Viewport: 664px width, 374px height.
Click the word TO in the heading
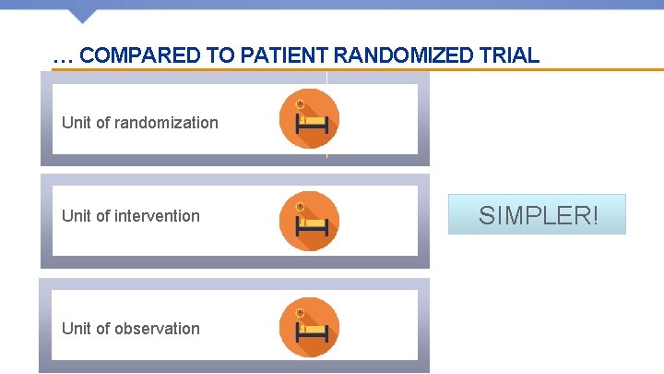[221, 55]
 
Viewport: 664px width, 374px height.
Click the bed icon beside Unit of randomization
[309, 119]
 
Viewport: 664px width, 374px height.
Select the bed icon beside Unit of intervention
[309, 222]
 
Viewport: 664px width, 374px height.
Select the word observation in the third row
[158, 329]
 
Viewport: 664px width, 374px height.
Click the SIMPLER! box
[537, 214]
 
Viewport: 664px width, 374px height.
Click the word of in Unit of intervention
[104, 216]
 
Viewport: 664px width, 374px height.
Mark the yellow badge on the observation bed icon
[300, 311]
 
